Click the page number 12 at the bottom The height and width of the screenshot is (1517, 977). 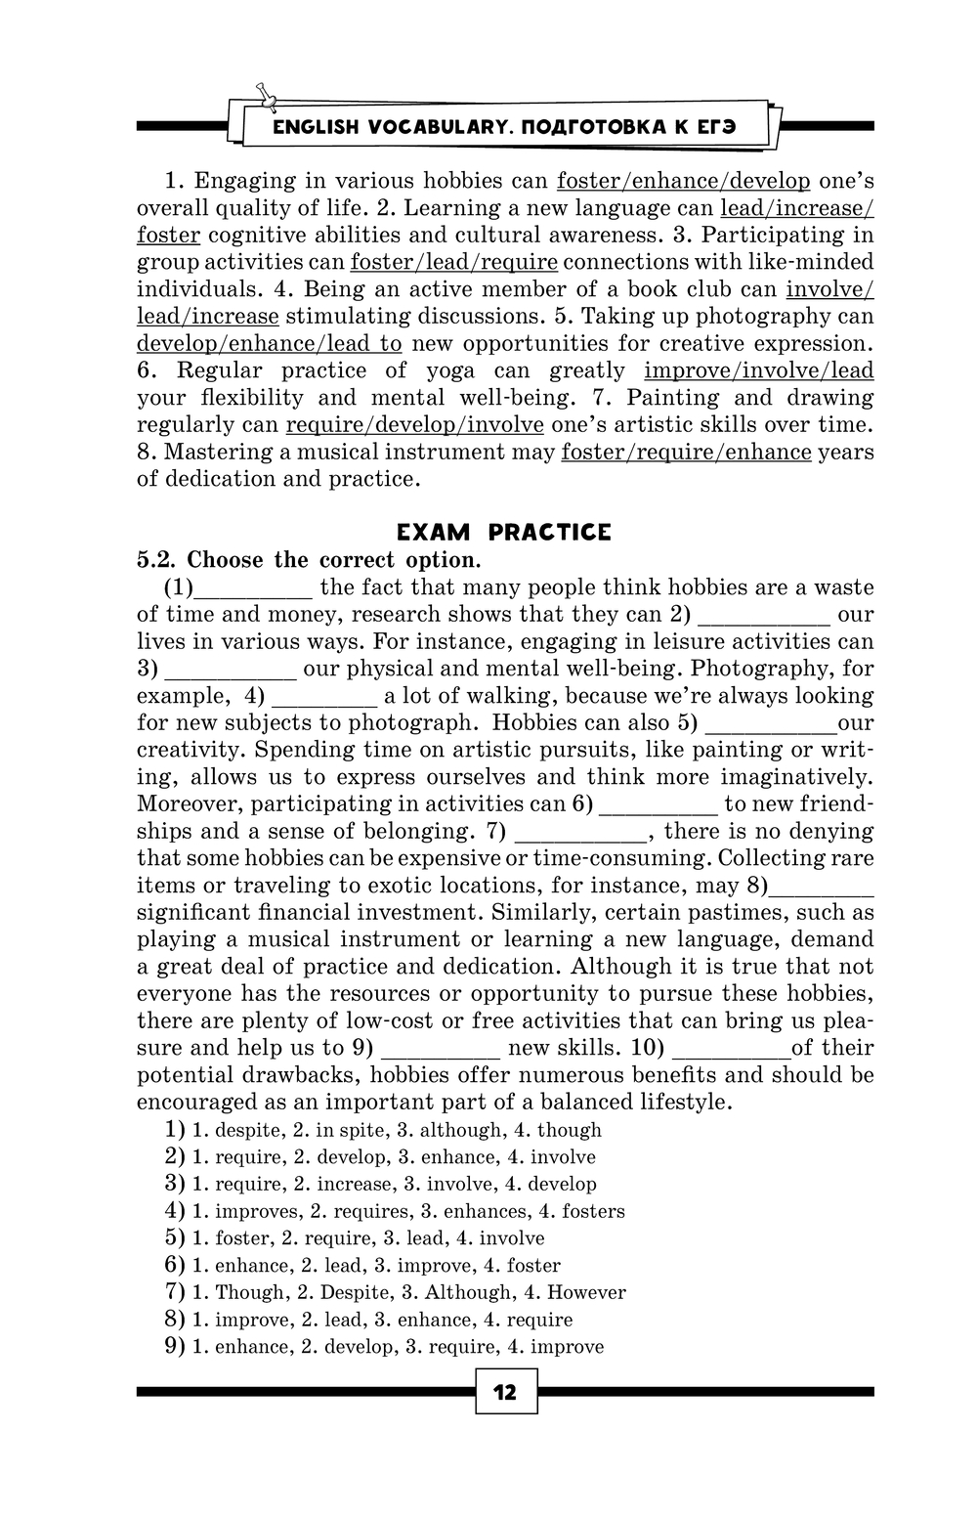[505, 1392]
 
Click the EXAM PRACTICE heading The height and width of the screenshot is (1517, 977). [503, 533]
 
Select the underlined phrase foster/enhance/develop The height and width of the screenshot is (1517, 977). [683, 181]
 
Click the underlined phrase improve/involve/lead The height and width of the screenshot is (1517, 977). [758, 370]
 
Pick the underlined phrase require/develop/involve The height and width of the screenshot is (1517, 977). [414, 425]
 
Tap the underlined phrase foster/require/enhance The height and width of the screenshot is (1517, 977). [686, 452]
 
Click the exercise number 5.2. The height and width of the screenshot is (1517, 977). [156, 560]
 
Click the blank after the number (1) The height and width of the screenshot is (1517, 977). [254, 588]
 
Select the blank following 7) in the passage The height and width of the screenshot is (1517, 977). [578, 832]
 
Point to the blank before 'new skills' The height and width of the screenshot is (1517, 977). [440, 1049]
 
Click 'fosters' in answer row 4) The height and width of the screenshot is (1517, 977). [593, 1212]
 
